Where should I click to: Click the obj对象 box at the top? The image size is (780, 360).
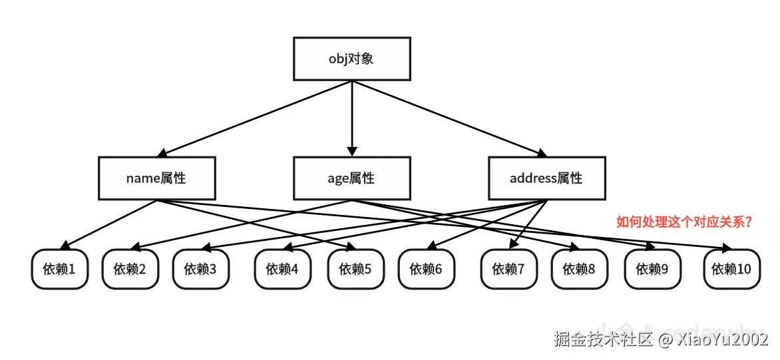(x=351, y=59)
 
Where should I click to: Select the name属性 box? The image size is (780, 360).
(x=156, y=178)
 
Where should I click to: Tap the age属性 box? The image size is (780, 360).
(x=351, y=178)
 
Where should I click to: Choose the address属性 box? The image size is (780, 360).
(x=546, y=178)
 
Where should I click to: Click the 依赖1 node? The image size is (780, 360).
(x=60, y=270)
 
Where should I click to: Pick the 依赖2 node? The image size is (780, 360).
(x=130, y=270)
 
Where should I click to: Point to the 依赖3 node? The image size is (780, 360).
(x=201, y=270)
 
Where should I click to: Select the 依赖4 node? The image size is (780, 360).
(x=282, y=270)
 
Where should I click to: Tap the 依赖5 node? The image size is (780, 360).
(x=355, y=270)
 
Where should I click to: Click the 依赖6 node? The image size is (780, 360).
(x=426, y=270)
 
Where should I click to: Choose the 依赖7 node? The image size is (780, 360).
(x=509, y=270)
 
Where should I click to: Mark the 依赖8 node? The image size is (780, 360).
(x=579, y=270)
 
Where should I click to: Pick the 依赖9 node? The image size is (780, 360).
(x=652, y=270)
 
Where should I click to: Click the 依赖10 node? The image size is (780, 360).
(x=731, y=270)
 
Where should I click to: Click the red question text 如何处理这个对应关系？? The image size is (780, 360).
(x=685, y=222)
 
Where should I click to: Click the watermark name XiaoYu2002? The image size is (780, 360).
(x=722, y=339)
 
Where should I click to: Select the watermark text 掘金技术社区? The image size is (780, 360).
(x=604, y=339)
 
